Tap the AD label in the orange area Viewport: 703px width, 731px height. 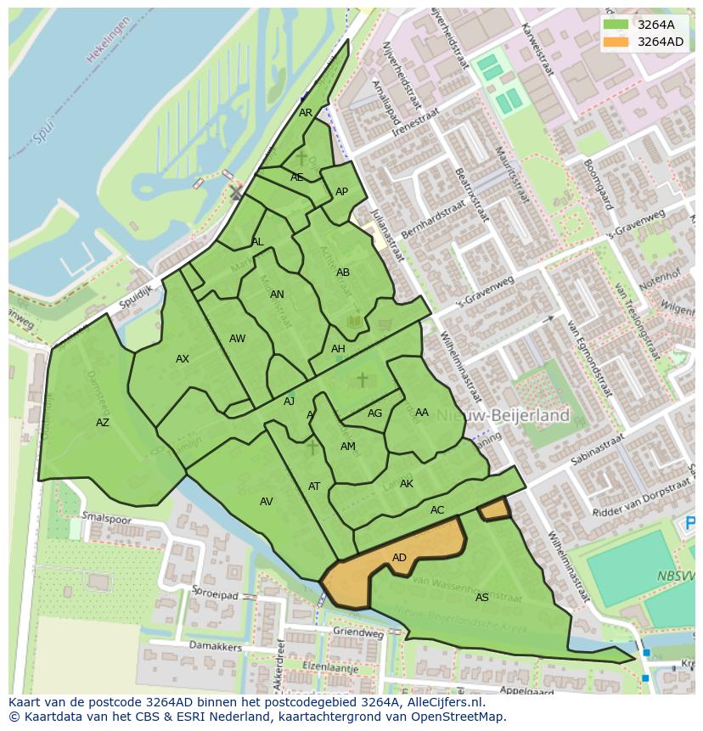click(x=399, y=558)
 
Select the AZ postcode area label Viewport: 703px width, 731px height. click(x=102, y=423)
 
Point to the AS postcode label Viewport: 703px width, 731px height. click(x=481, y=598)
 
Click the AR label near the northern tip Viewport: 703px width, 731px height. click(x=306, y=113)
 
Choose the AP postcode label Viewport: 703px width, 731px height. click(x=341, y=192)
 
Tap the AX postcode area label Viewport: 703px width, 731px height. click(x=183, y=359)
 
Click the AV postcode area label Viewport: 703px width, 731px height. click(x=266, y=502)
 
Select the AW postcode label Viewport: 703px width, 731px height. click(x=237, y=339)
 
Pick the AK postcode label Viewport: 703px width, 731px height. click(x=406, y=484)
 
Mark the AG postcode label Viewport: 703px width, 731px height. click(x=374, y=413)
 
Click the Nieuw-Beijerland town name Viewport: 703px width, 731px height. click(x=518, y=416)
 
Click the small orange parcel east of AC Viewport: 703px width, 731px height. click(x=494, y=509)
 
